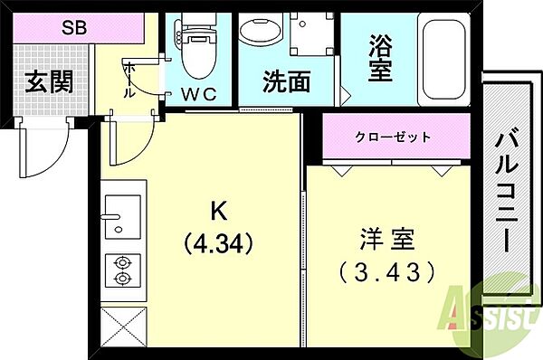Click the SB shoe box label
click(74, 27)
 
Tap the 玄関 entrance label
click(49, 81)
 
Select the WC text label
click(199, 94)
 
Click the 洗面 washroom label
click(286, 82)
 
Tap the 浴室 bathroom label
click(380, 58)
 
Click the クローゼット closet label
click(393, 137)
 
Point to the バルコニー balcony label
click(507, 190)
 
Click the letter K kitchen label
click(219, 211)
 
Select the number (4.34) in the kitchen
click(219, 244)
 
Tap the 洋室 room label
click(387, 239)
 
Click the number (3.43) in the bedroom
click(387, 271)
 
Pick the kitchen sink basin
click(123, 217)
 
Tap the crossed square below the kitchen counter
click(124, 327)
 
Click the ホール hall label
click(129, 80)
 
